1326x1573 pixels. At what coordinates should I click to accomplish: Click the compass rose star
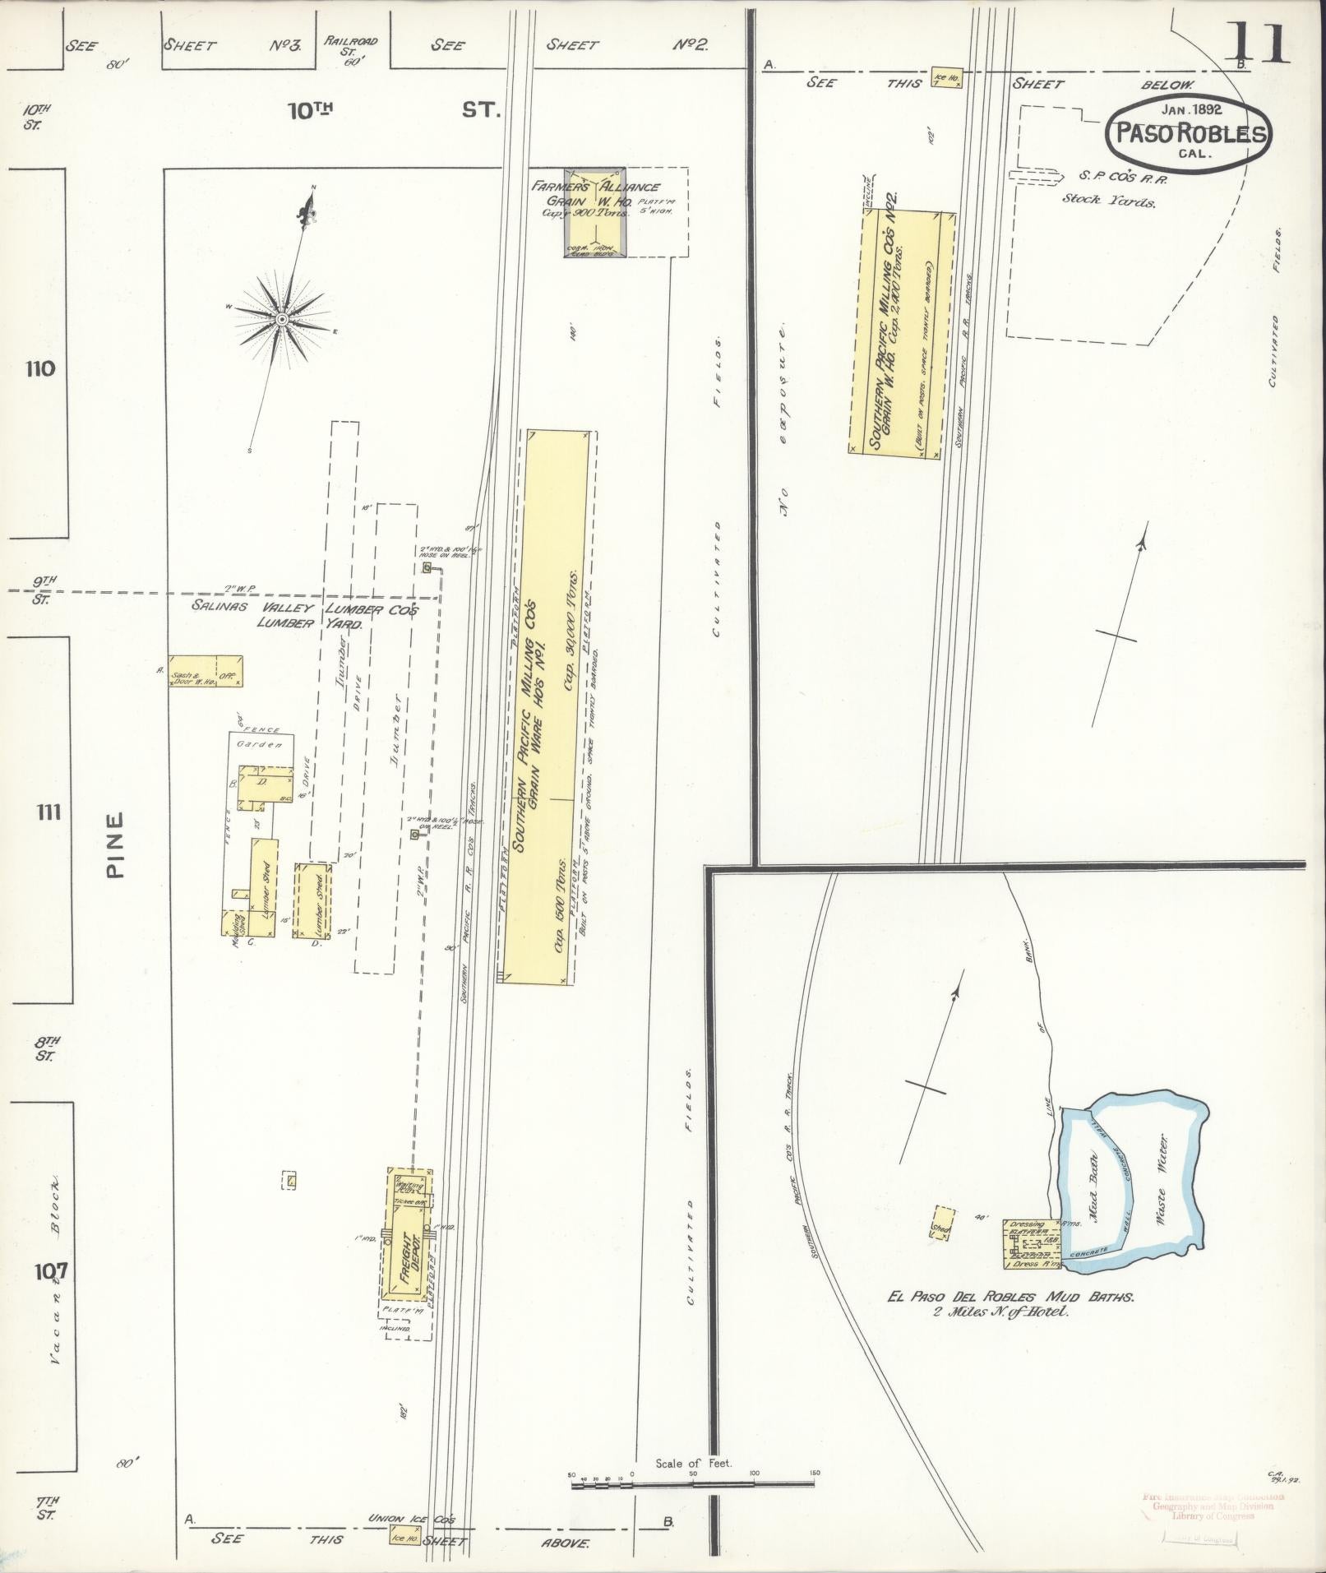coord(281,319)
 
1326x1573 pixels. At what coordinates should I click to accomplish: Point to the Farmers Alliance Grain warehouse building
coord(596,215)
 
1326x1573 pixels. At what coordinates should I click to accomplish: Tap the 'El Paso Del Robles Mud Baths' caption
coord(1011,1320)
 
